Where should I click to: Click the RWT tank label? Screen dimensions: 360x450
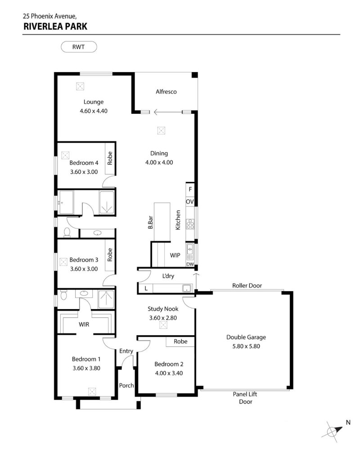coord(78,47)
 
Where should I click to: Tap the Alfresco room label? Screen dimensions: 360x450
coord(166,91)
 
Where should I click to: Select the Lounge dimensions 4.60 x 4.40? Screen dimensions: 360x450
coord(94,111)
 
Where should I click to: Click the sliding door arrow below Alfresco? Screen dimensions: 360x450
coord(168,112)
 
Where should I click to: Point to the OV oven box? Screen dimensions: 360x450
coord(190,202)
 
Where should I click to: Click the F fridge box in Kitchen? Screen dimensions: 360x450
coord(190,189)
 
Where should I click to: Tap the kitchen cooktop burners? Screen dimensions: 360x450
coord(190,224)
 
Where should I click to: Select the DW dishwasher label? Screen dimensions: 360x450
coord(190,264)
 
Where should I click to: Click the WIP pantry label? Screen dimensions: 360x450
coord(175,255)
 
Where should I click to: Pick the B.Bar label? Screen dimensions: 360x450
coord(150,222)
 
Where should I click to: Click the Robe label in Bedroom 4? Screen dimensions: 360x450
coord(110,158)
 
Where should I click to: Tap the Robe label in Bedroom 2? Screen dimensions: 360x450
coord(180,341)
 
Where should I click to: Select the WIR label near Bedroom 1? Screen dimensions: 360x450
coord(84,324)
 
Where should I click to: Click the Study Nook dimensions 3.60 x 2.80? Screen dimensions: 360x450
coord(163,318)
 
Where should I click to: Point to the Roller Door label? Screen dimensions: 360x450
coord(247,286)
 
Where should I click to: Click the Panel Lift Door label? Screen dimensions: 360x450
coord(245,398)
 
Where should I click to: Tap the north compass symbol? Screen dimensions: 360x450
coord(333,431)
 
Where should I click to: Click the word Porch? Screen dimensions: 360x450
coord(126,386)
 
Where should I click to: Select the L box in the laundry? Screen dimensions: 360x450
coord(146,288)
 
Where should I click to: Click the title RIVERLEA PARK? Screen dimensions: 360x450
coord(55,27)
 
